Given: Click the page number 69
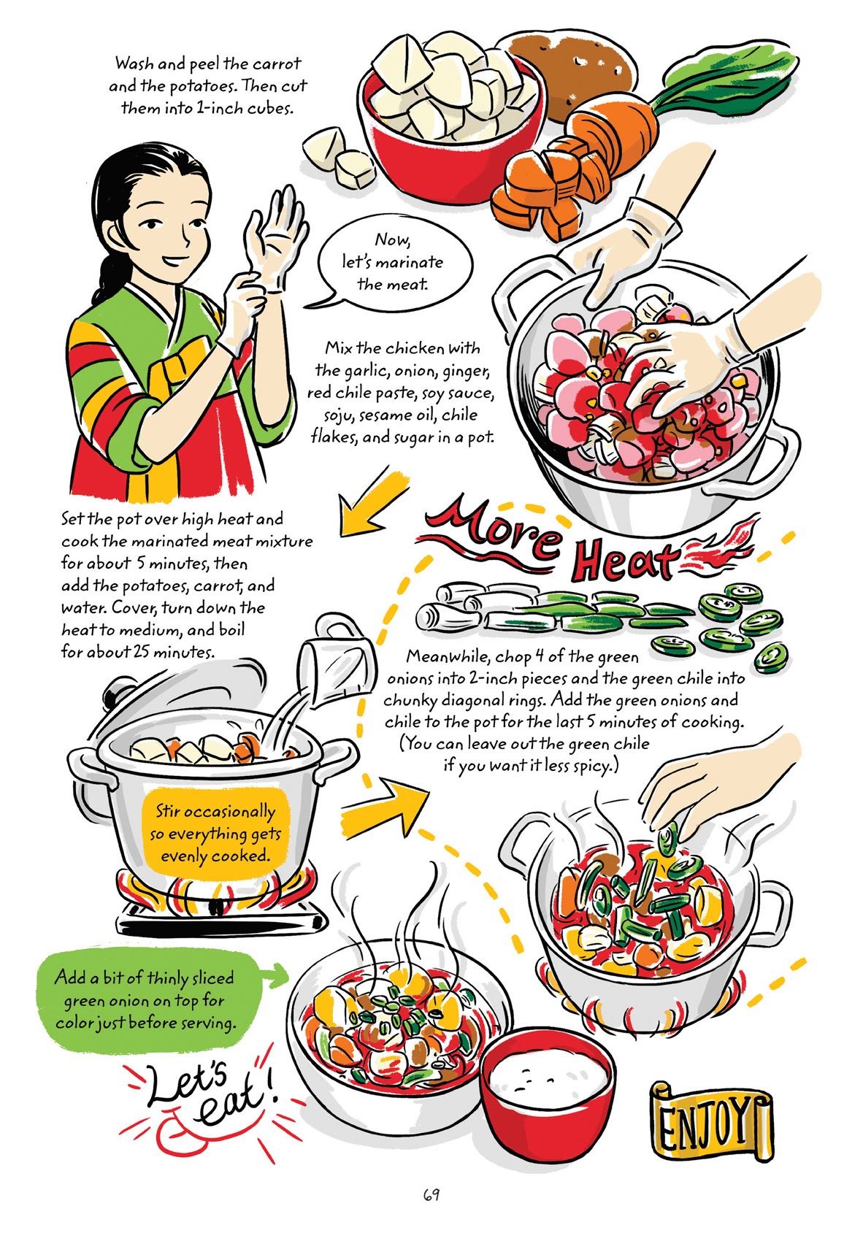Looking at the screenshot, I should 431,1195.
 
